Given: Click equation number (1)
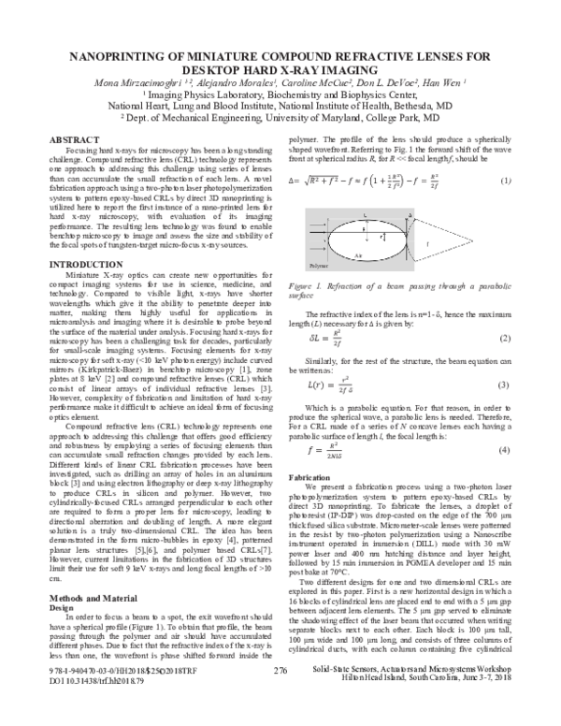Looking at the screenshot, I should coord(506,180).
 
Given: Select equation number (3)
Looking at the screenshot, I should coord(504,385).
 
